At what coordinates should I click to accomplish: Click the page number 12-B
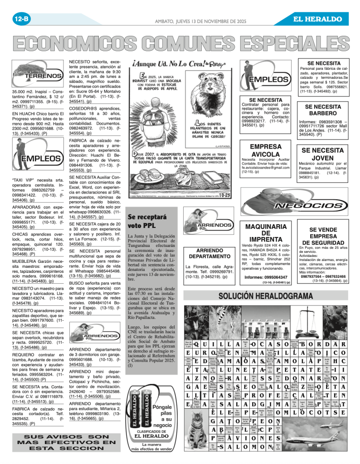pyautogui.click(x=21, y=19)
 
